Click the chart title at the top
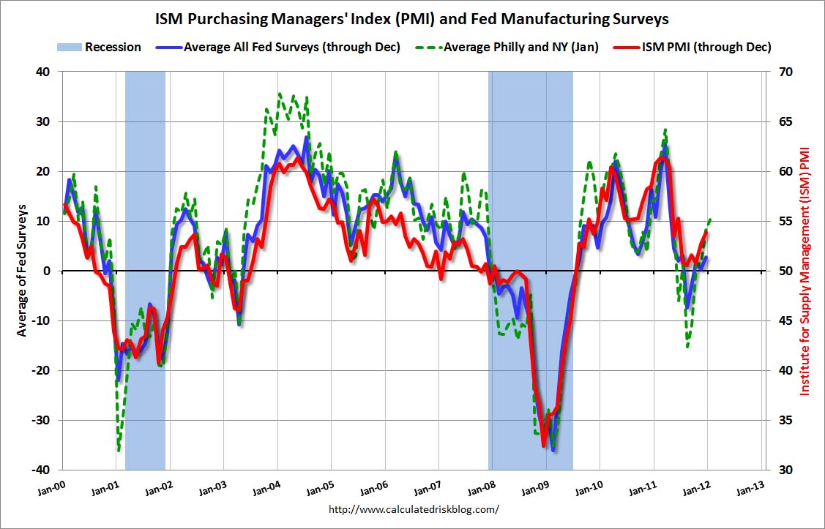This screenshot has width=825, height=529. [412, 17]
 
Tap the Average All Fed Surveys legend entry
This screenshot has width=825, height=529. [291, 48]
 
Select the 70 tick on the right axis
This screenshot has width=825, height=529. [783, 72]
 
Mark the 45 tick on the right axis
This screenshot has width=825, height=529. [783, 320]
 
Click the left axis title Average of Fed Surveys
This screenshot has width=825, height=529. [22, 270]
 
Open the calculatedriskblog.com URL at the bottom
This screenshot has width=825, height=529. [414, 509]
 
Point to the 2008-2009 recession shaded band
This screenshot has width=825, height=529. [530, 183]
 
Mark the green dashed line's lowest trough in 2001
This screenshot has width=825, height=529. [119, 450]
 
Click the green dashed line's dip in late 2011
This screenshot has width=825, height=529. [687, 345]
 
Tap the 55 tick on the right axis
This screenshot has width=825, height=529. [783, 221]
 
